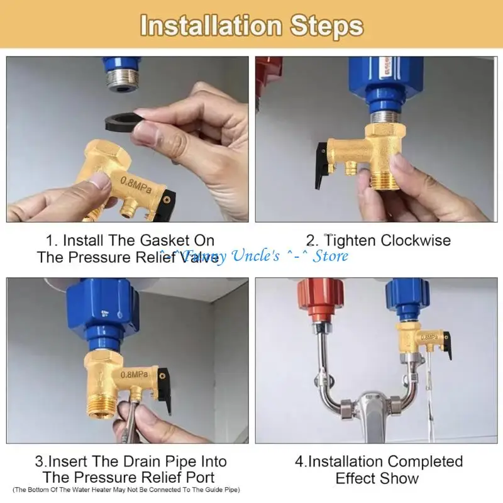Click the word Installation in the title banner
pyautogui.click(x=211, y=26)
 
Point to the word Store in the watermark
pyautogui.click(x=331, y=256)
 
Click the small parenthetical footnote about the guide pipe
pyautogui.click(x=126, y=489)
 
